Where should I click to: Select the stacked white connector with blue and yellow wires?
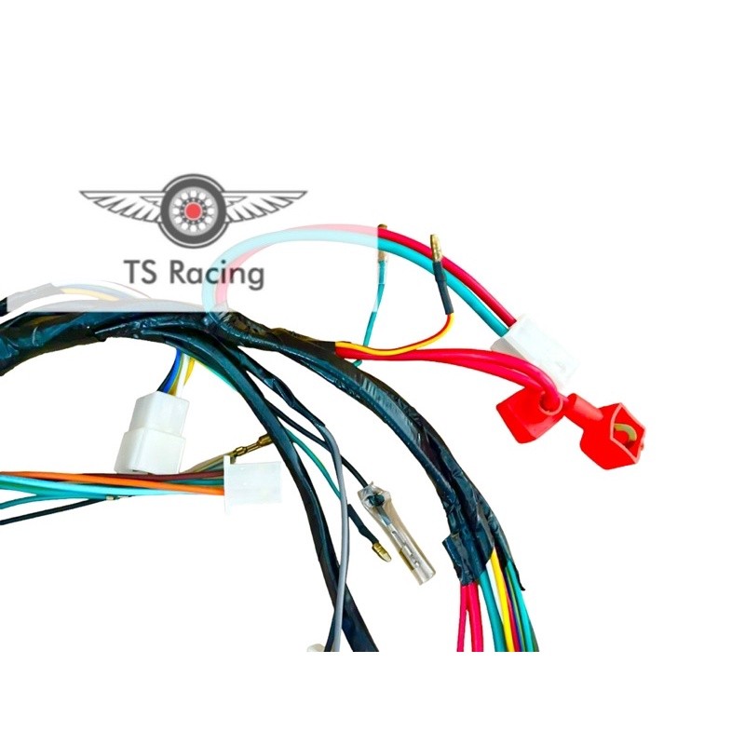[152, 434]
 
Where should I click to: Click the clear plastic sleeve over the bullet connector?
[396, 531]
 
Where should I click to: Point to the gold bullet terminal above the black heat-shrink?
[436, 248]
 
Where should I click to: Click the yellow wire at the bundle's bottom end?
[505, 603]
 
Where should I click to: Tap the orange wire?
[114, 481]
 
